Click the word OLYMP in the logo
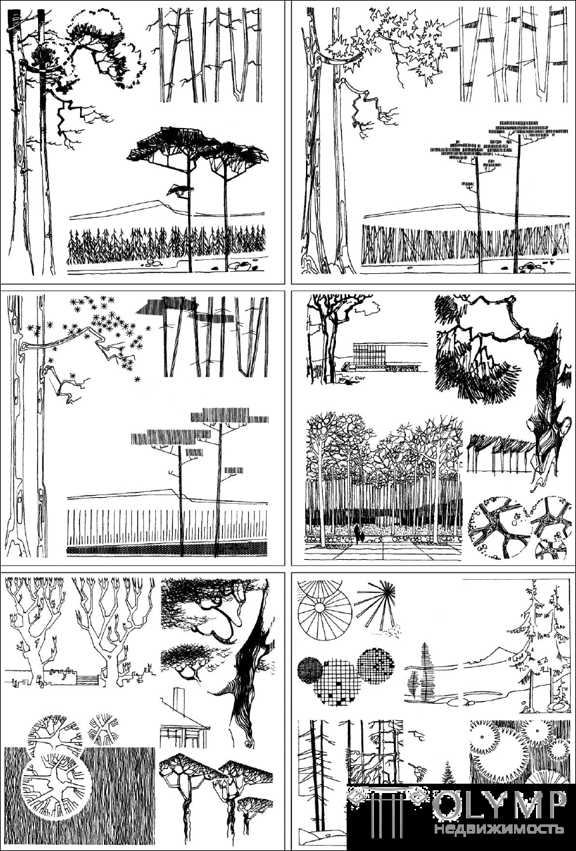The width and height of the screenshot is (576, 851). (498, 807)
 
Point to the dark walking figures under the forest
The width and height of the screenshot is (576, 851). (359, 533)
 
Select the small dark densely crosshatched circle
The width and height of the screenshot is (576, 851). (310, 670)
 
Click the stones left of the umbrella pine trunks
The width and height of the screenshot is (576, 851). (152, 263)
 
